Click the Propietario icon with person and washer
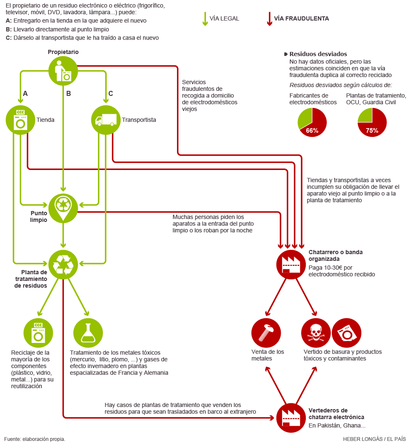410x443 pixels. click(63, 70)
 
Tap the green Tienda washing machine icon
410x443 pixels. click(20, 120)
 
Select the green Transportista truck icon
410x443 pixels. click(105, 120)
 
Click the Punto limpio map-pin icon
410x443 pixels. click(63, 206)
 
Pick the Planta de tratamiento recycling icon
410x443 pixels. click(63, 264)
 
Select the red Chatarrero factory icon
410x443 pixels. click(291, 264)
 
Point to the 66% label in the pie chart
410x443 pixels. click(312, 130)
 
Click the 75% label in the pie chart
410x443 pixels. click(372, 130)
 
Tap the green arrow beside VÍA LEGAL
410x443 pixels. click(205, 19)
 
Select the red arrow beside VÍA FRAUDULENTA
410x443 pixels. click(269, 19)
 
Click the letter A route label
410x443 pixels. click(25, 94)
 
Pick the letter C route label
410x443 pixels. click(110, 94)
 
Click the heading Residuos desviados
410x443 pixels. click(318, 54)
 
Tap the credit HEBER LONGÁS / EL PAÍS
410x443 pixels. click(374, 439)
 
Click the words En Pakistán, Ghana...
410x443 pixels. click(337, 425)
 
